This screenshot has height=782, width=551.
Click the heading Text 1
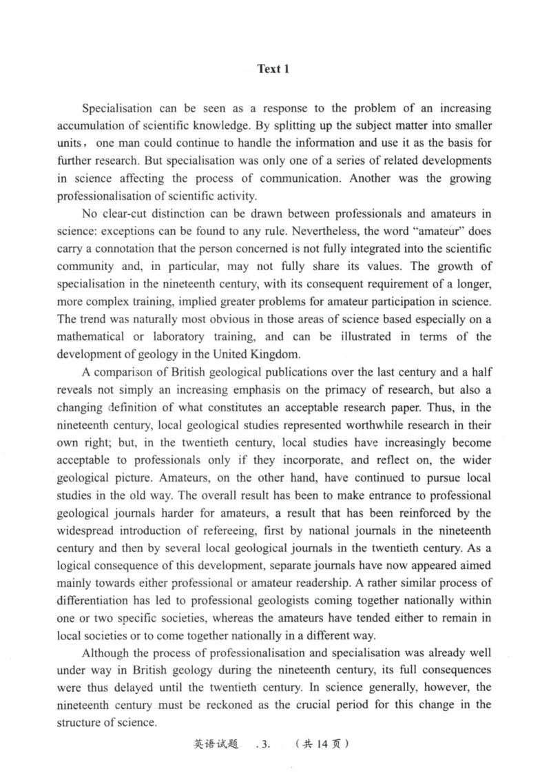tap(273, 69)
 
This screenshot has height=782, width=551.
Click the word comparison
tap(123, 372)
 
